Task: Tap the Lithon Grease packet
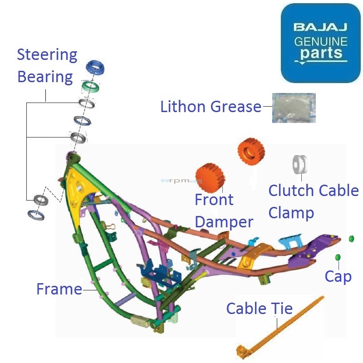click(293, 108)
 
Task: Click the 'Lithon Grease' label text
click(211, 107)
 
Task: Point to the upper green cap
click(351, 238)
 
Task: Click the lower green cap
click(338, 258)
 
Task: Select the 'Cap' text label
click(338, 276)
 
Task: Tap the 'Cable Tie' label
click(259, 309)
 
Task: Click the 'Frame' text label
click(59, 289)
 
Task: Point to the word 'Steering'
click(47, 55)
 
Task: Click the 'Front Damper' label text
click(223, 211)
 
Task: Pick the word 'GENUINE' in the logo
click(320, 41)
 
